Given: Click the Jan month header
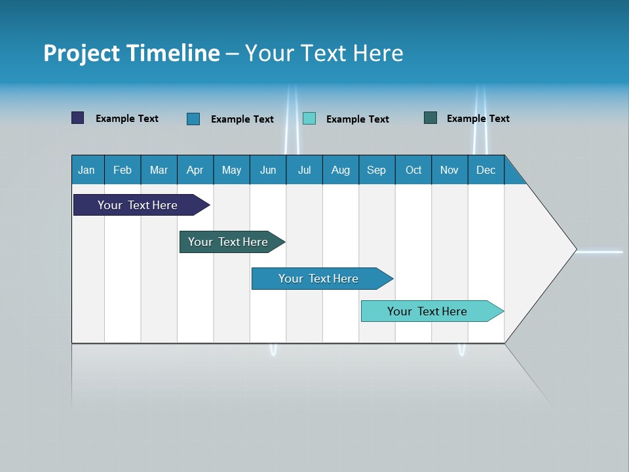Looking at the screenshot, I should [x=87, y=170].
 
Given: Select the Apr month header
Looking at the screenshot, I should [x=195, y=170].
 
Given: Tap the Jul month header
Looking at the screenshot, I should [x=304, y=170].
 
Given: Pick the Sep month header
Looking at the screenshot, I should [x=377, y=170].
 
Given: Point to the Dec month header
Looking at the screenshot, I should [x=486, y=170].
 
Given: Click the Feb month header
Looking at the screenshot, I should [x=123, y=170].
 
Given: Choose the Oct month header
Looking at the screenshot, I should [x=413, y=170].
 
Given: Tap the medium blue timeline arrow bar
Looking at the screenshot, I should [x=319, y=279].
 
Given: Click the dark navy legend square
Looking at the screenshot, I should [x=78, y=118].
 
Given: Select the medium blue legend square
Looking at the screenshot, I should [x=193, y=119].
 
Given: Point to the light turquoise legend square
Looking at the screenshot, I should [x=309, y=119].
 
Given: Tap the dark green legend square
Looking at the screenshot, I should [x=430, y=118].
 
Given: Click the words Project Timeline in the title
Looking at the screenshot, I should [x=131, y=53].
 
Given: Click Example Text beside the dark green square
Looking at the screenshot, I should [x=478, y=119].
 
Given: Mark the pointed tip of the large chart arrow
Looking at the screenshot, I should [x=575, y=249].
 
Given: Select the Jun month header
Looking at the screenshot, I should [x=268, y=170].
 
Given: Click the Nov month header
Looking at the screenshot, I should [x=449, y=170].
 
